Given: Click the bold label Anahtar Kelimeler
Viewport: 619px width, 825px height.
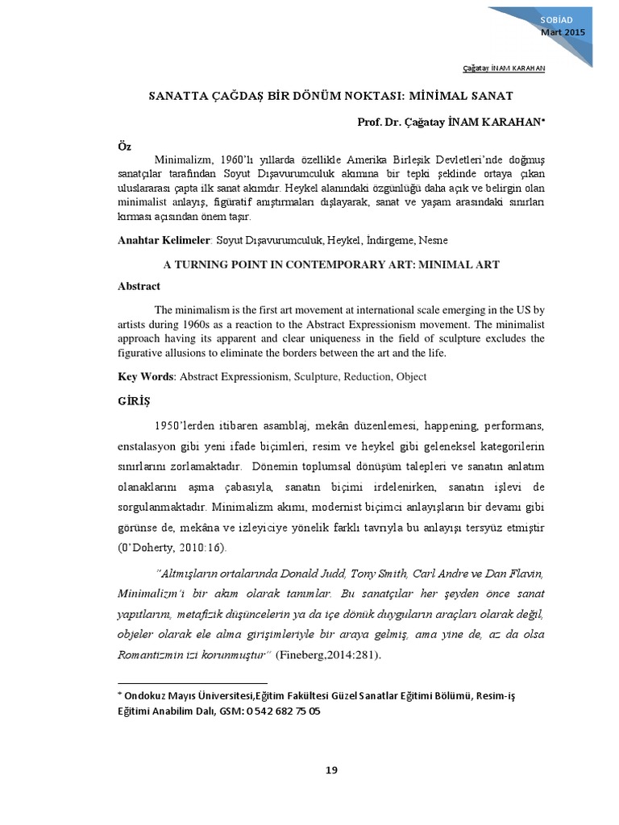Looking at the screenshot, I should click(x=164, y=240).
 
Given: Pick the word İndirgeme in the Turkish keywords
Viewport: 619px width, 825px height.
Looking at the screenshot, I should click(x=392, y=240).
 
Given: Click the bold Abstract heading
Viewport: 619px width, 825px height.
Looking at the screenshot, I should click(x=139, y=286).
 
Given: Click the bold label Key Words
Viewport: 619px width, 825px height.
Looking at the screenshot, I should click(x=146, y=376).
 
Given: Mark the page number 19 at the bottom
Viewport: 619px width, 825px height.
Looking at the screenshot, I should click(x=331, y=770).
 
